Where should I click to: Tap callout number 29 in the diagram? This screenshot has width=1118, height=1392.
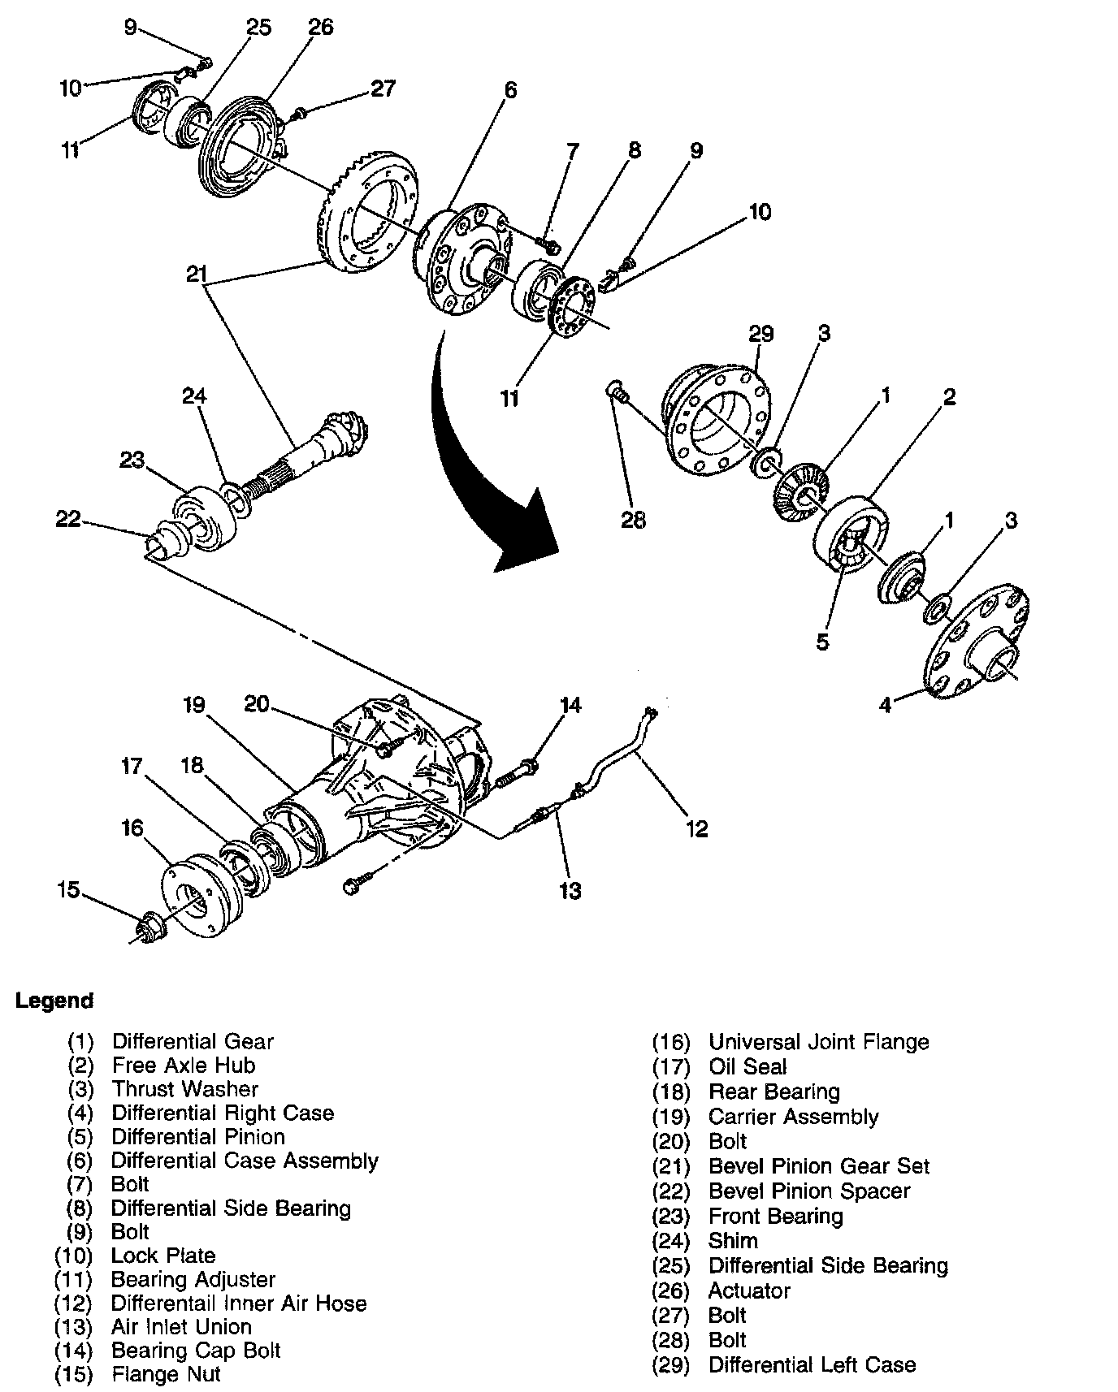pyautogui.click(x=761, y=334)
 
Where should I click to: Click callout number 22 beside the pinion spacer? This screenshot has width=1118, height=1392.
pyautogui.click(x=69, y=517)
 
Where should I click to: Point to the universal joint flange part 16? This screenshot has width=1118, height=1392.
pyautogui.click(x=200, y=893)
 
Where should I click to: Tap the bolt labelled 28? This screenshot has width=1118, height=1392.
pyautogui.click(x=618, y=395)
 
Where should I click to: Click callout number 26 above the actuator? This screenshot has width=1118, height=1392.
pyautogui.click(x=320, y=27)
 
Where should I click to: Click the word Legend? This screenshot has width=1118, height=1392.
pyautogui.click(x=54, y=1001)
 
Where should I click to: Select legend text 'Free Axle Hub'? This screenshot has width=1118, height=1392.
pyautogui.click(x=184, y=1065)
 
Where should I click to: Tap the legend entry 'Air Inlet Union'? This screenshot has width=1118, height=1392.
pyautogui.click(x=182, y=1326)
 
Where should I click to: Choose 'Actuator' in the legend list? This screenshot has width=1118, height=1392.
pyautogui.click(x=749, y=1290)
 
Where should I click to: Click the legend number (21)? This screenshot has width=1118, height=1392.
pyautogui.click(x=671, y=1166)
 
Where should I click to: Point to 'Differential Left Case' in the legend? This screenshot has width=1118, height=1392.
pyautogui.click(x=812, y=1364)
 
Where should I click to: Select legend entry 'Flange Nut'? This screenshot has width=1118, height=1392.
pyautogui.click(x=166, y=1374)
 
